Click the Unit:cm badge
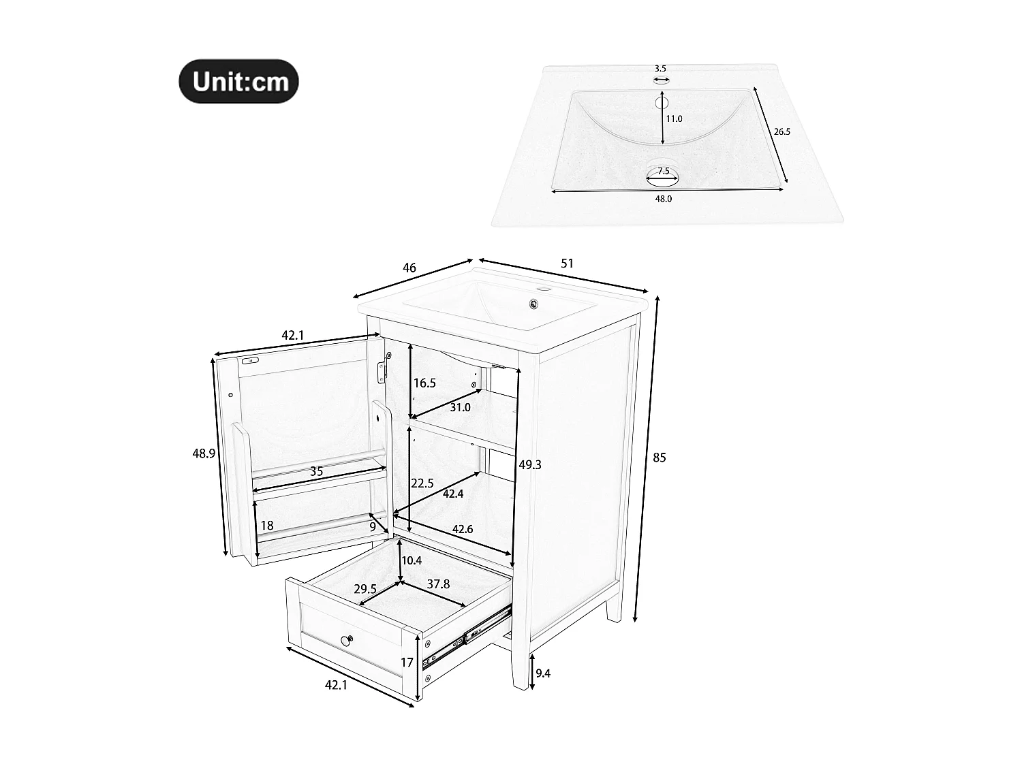[x=238, y=81]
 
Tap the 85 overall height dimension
[x=659, y=458]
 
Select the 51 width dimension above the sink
[x=567, y=263]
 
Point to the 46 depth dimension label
[x=409, y=268]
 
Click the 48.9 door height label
[x=204, y=453]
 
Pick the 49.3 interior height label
[x=529, y=464]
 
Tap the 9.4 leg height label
[x=543, y=673]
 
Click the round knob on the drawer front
[x=346, y=639]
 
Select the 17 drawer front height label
[x=407, y=662]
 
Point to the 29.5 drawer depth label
[x=365, y=589]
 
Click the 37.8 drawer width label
[x=438, y=584]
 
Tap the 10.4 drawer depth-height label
[x=412, y=560]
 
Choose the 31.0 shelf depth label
[x=460, y=407]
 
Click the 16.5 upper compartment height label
[x=424, y=383]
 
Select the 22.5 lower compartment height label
[x=422, y=483]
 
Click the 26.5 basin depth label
[x=781, y=131]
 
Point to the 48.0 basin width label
[x=663, y=199]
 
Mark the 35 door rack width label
[x=316, y=471]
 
